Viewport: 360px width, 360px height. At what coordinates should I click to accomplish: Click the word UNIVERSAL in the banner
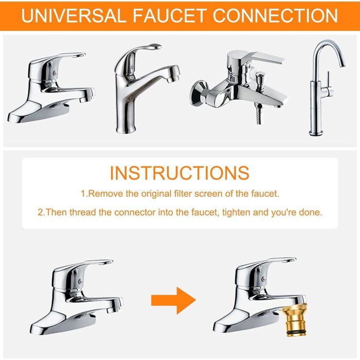[x=74, y=15]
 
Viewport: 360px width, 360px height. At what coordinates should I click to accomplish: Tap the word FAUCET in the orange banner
[x=169, y=15]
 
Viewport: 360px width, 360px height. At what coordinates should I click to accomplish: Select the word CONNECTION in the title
[x=275, y=15]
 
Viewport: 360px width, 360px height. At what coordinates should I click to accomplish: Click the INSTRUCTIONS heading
[x=180, y=173]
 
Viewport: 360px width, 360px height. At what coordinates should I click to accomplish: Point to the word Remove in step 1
[x=105, y=194]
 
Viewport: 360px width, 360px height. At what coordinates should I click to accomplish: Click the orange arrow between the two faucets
[x=174, y=300]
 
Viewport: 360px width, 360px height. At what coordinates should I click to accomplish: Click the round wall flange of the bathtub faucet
[x=199, y=94]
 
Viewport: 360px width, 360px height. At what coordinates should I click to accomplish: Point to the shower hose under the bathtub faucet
[x=259, y=114]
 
